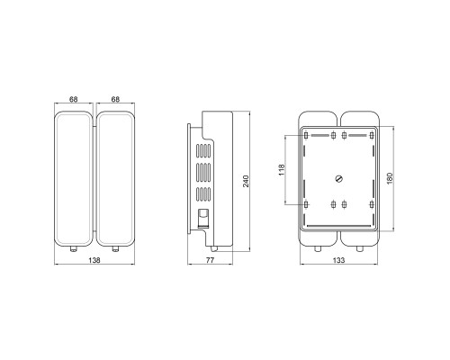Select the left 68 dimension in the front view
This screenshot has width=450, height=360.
coord(72,100)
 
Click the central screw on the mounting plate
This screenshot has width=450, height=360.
coord(339,177)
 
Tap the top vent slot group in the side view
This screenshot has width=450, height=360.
coord(204,149)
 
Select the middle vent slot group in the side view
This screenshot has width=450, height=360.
coord(204,171)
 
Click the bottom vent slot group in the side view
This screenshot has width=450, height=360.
coord(204,193)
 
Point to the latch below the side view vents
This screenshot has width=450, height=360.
coord(203,217)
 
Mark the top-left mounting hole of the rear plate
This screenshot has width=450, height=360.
coord(309,135)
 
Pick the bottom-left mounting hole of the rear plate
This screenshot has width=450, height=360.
coord(309,205)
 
